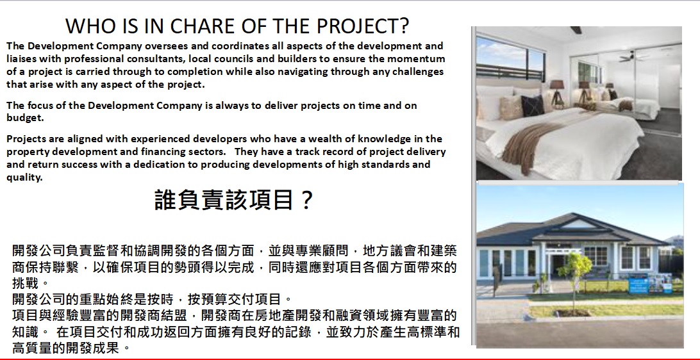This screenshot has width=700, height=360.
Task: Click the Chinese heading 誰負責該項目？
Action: click(233, 200)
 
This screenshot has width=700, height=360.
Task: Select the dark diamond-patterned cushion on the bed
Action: click(533, 106)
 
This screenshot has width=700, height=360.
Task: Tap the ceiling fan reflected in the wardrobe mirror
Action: click(631, 56)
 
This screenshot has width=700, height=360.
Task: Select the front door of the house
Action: click(558, 264)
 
